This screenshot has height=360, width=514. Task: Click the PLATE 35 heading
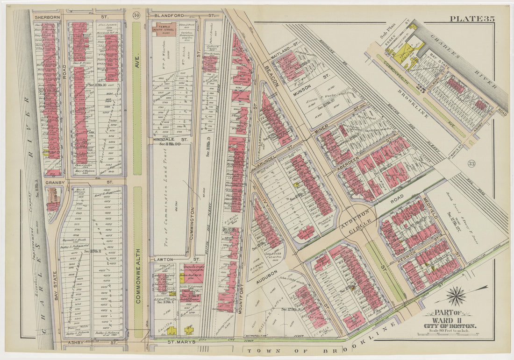click(x=472, y=19)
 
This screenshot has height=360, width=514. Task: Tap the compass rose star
click(x=456, y=296)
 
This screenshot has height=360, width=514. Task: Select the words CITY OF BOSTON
click(x=450, y=325)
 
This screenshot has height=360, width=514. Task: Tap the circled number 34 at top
click(x=136, y=15)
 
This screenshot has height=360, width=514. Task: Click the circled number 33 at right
click(x=471, y=163)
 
